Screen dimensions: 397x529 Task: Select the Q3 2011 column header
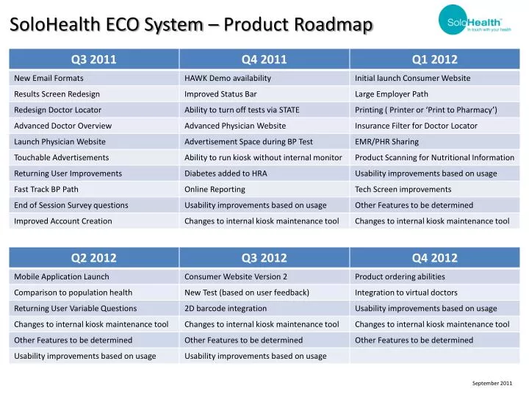tap(93, 60)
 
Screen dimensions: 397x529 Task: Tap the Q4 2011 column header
tap(264, 60)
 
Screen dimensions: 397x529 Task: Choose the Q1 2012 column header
tap(434, 60)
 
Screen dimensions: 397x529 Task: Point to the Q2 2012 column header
tap(93, 258)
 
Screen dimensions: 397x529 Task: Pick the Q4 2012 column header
tap(434, 258)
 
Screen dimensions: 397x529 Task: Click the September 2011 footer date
tap(492, 383)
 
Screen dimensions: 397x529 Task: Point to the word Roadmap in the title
tap(335, 25)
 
